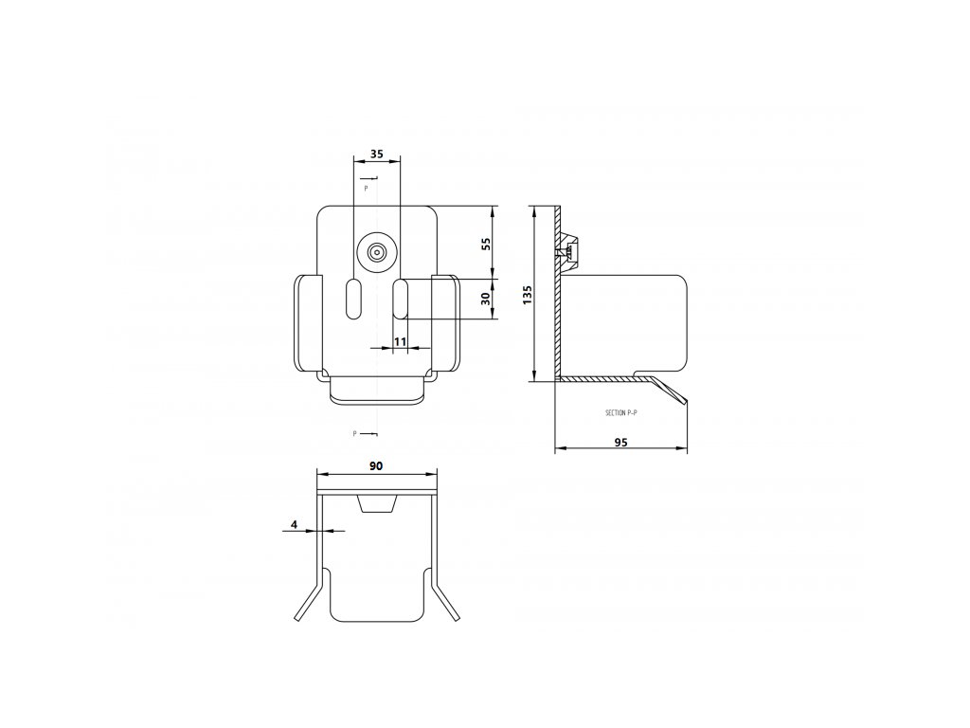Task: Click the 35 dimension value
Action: click(x=377, y=154)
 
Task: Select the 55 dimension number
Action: click(x=486, y=244)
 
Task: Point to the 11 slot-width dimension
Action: click(x=400, y=340)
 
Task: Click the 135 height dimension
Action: click(x=528, y=294)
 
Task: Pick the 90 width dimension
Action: click(x=376, y=465)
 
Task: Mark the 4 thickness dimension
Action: click(x=295, y=524)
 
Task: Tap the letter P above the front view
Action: click(x=366, y=189)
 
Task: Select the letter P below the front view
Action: click(x=354, y=434)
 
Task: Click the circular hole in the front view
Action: click(x=377, y=253)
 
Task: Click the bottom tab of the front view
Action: click(x=376, y=391)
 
